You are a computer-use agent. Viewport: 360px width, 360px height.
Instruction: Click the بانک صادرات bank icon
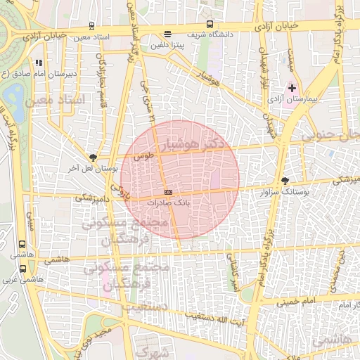167,192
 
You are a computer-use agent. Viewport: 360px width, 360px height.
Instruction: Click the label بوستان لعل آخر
84,169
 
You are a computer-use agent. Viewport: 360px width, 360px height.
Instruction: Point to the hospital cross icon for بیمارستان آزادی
292,89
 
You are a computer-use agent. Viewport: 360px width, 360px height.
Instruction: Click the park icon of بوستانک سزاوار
284,181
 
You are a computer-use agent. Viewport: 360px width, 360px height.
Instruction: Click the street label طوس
143,157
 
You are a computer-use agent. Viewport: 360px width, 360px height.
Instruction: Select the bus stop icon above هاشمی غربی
22,269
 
